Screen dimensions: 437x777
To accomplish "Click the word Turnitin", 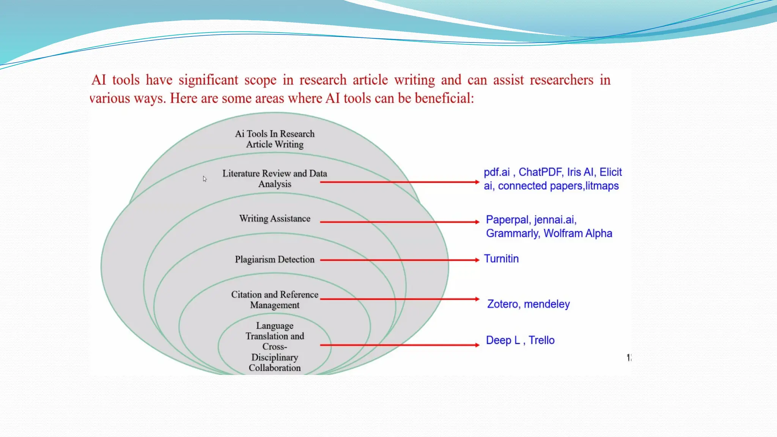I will point(501,259).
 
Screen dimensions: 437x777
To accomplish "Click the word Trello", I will point(541,340).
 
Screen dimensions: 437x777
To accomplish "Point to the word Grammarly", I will point(513,233).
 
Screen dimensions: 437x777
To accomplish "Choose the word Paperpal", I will point(507,220).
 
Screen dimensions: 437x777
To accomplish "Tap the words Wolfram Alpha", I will point(578,233).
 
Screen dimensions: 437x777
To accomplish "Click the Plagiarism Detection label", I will point(275,259).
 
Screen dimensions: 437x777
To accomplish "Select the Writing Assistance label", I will point(275,218).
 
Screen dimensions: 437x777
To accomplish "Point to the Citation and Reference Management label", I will point(275,300).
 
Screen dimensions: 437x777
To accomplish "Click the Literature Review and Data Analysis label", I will point(275,179).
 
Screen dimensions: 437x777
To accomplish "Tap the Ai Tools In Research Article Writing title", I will point(275,139).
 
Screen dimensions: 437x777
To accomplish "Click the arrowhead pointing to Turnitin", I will point(477,260).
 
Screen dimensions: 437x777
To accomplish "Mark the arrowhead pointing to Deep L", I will point(477,345).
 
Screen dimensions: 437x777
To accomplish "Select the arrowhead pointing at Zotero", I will point(477,299).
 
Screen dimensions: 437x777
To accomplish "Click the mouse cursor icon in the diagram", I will point(204,179).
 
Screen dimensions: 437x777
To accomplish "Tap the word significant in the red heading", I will point(208,80).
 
